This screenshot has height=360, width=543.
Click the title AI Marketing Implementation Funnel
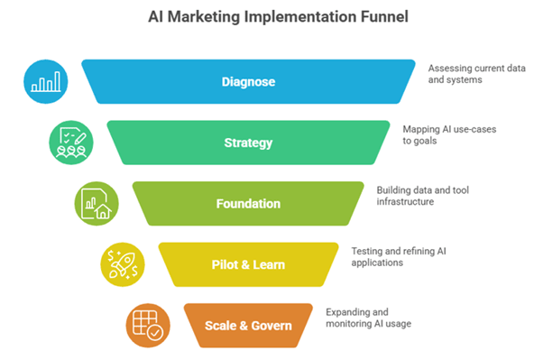coord(270,16)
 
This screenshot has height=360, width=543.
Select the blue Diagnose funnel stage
coord(248,82)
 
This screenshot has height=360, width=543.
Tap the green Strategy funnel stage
coord(248,143)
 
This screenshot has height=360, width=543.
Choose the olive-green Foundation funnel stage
coord(248,203)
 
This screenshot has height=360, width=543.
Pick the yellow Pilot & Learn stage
coord(248,263)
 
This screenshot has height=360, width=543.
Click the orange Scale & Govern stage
coord(248,324)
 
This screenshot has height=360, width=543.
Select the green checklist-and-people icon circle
coord(70,143)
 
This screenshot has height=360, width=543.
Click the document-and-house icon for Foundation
coord(96,203)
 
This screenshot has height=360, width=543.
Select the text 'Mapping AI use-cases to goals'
coord(448,134)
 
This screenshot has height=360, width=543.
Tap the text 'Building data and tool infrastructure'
coord(424,195)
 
